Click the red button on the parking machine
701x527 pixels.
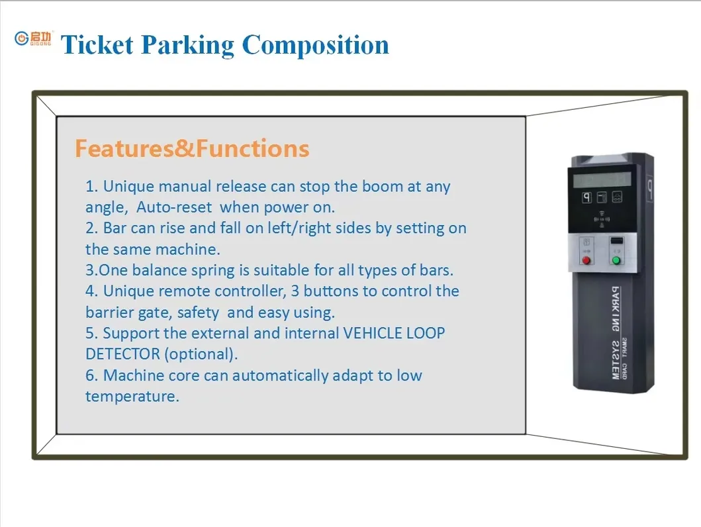pyautogui.click(x=585, y=260)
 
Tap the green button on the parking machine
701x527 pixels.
pyautogui.click(x=616, y=260)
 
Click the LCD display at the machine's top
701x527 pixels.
pyautogui.click(x=601, y=179)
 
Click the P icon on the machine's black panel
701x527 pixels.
pyautogui.click(x=586, y=197)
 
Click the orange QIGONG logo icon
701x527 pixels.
pyautogui.click(x=22, y=39)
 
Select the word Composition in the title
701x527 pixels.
pyautogui.click(x=315, y=45)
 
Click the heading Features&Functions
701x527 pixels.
pyautogui.click(x=192, y=148)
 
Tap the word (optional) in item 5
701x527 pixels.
pyautogui.click(x=200, y=354)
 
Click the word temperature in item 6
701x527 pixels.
pyautogui.click(x=132, y=397)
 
